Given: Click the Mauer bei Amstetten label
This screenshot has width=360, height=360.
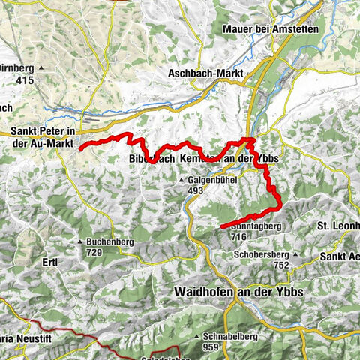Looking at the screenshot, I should coord(271,29).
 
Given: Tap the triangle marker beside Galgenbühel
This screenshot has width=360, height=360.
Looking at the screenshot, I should coord(181,181).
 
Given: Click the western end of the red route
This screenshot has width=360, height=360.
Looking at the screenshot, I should coord(81,148).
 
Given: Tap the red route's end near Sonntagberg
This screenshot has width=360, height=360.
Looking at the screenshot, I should coord(222,226).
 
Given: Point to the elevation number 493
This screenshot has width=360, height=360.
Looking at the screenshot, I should coord(196,190).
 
